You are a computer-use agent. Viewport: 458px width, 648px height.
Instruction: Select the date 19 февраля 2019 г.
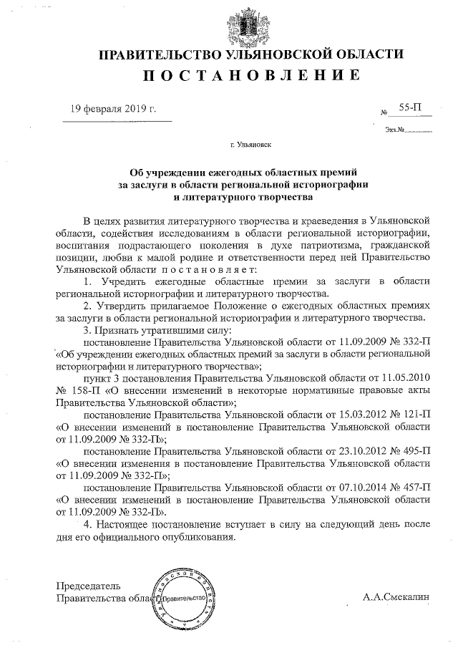click(113, 109)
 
